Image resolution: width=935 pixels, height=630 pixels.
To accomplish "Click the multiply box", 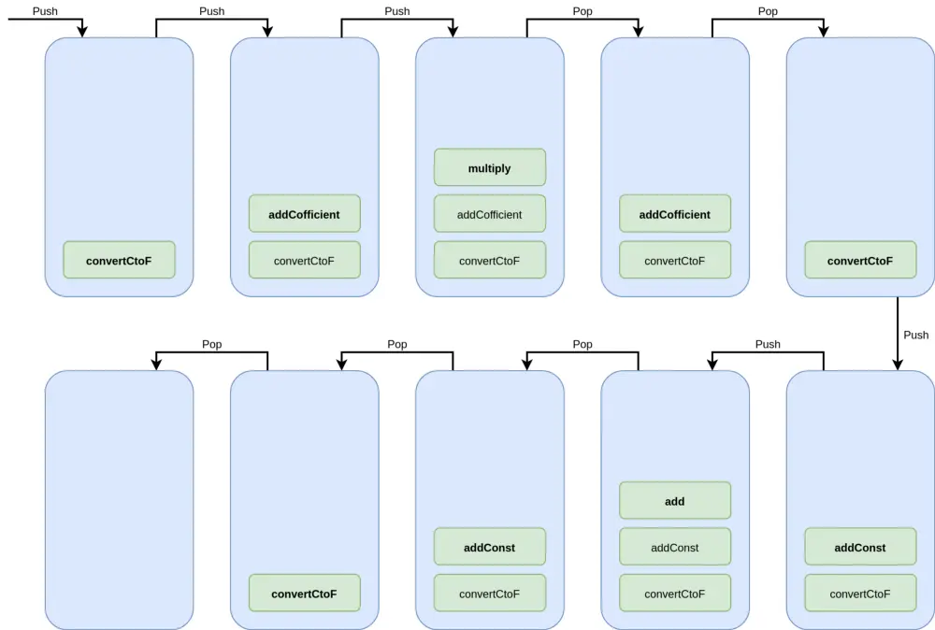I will click(x=489, y=167).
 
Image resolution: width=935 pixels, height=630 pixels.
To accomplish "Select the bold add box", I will click(x=674, y=501).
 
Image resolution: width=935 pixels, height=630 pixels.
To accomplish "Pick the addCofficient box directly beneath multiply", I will click(x=489, y=214).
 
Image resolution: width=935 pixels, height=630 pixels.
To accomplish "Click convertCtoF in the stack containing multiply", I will click(x=489, y=261).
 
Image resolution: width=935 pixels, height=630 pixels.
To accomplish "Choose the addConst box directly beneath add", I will click(x=674, y=548).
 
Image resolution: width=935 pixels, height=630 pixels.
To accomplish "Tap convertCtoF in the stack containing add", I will click(x=674, y=594).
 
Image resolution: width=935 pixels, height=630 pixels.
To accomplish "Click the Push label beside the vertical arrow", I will click(x=915, y=335).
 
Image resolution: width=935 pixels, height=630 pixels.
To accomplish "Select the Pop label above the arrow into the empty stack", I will click(x=212, y=344).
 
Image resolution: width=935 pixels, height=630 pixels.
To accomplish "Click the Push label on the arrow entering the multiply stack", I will click(x=396, y=11).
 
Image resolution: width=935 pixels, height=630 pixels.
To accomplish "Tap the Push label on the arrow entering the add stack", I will click(x=767, y=344).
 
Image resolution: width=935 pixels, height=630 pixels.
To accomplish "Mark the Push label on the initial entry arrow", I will click(x=45, y=11).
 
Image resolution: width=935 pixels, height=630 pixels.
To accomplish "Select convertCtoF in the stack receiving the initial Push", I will click(x=119, y=261).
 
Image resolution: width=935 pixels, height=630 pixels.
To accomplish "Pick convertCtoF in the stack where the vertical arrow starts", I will click(x=859, y=261).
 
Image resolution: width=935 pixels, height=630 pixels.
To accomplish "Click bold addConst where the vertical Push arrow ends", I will click(x=859, y=548).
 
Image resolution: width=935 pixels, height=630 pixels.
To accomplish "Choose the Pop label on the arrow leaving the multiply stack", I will click(x=582, y=11).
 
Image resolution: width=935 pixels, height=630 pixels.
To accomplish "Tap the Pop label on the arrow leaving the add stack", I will click(x=582, y=344).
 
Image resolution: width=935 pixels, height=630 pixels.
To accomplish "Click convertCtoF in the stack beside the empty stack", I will click(x=304, y=594).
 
